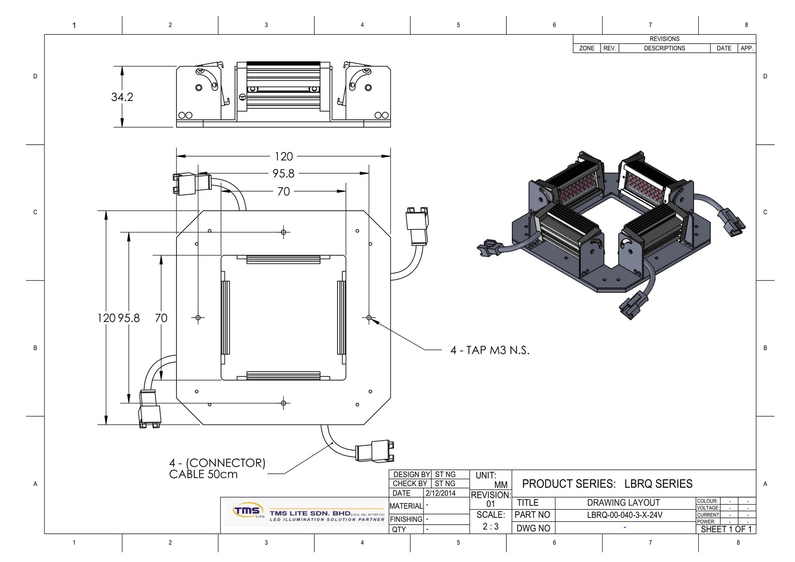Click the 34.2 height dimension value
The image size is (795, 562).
point(122,97)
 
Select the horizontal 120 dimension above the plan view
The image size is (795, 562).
point(283,157)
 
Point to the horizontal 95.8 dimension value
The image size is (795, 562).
point(283,174)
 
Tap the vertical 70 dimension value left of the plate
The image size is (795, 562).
point(161,318)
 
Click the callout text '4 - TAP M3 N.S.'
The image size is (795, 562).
point(490,350)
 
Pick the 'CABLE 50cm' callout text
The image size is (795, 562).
point(203,474)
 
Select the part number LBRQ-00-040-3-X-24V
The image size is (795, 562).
point(624,515)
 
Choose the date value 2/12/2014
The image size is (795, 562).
point(440,493)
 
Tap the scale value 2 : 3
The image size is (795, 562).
point(491,527)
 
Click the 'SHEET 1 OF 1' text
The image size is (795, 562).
point(726,529)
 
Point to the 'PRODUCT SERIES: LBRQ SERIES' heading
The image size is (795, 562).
point(607,484)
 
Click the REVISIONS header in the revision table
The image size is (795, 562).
point(664,39)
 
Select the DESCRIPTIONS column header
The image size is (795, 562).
point(664,48)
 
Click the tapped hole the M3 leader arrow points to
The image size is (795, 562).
point(369,318)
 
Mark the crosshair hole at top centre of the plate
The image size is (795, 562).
point(283,232)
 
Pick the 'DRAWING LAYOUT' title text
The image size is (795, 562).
point(623,503)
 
